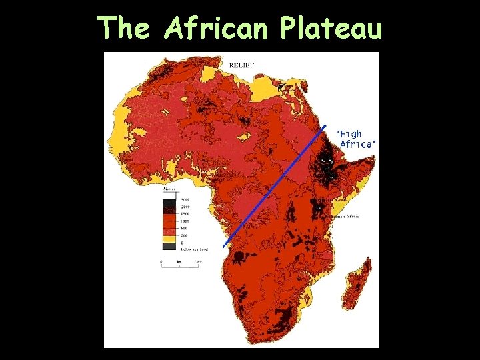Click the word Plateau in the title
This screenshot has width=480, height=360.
click(331, 29)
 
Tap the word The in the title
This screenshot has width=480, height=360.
click(127, 28)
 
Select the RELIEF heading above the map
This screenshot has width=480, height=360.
click(241, 65)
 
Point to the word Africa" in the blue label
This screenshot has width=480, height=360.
click(358, 144)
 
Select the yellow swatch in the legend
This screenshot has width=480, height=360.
click(169, 237)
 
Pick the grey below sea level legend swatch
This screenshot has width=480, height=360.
click(169, 245)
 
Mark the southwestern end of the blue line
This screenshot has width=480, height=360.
click(223, 247)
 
